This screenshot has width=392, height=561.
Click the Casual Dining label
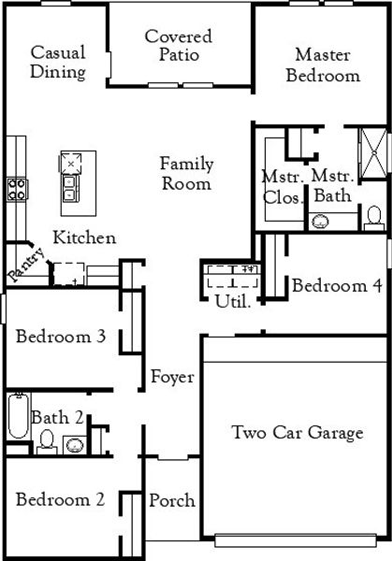coord(58,62)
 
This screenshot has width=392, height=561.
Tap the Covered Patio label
coord(178,46)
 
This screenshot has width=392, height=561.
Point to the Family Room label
coord(185,173)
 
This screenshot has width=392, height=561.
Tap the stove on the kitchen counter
coord(16,191)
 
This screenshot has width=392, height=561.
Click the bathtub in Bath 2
coord(18,418)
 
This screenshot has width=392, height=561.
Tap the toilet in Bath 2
coord(46,439)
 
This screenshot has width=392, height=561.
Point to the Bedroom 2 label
coord(59,499)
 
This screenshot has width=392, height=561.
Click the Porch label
coord(172,500)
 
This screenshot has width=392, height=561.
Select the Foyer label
coord(172,377)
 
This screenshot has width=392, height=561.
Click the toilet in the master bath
coord(373,219)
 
